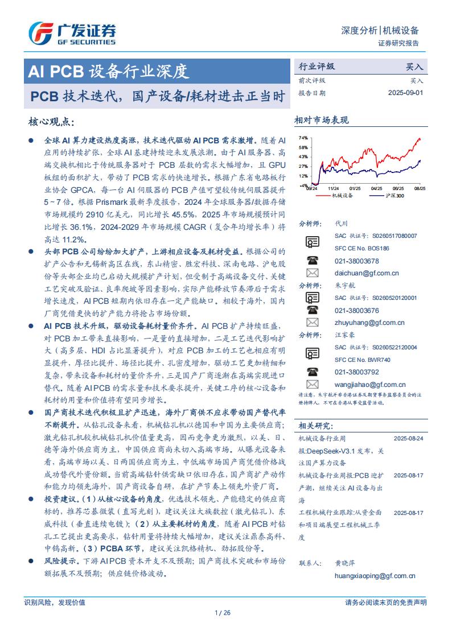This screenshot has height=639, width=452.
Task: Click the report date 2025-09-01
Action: point(406,93)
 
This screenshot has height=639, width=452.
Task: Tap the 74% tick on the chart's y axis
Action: point(303,138)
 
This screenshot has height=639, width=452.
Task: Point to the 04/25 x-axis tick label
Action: point(376,188)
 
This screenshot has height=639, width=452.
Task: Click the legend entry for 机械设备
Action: point(342,196)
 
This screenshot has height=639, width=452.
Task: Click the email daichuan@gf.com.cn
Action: point(367,273)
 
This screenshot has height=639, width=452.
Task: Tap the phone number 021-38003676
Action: point(356,310)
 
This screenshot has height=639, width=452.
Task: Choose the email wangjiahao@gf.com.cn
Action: point(369,385)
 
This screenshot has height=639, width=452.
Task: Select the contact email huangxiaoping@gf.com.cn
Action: point(375,575)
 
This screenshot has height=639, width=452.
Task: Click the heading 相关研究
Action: point(315,426)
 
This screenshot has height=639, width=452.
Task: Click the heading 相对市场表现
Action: point(321,120)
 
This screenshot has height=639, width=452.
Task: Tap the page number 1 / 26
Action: point(223,612)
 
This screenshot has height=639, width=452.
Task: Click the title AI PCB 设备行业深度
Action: point(108,71)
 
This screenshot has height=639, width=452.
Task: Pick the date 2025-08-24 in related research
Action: point(408,439)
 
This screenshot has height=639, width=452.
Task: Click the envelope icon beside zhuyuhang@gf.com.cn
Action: point(313,323)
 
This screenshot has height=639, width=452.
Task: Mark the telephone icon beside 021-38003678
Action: point(313,261)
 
